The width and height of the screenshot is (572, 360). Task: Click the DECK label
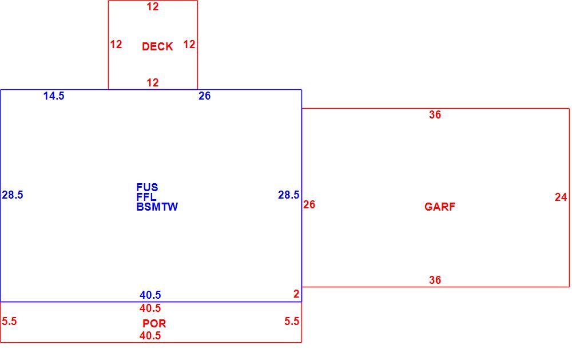(x=157, y=46)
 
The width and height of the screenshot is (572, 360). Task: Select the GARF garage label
(x=439, y=207)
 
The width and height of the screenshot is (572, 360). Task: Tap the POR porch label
(x=154, y=323)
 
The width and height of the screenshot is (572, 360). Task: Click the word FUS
(x=147, y=187)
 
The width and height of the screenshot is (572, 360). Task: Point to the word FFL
(x=146, y=197)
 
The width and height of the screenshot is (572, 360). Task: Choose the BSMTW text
(x=157, y=207)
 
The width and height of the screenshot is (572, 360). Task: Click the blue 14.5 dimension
(x=54, y=96)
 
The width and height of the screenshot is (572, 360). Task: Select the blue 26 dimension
(x=204, y=96)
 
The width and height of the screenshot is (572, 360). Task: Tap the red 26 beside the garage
(x=309, y=204)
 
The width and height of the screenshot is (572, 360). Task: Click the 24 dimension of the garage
(x=561, y=197)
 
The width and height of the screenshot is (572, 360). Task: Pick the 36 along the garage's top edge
(x=435, y=114)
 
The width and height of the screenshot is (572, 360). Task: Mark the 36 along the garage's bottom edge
(x=435, y=280)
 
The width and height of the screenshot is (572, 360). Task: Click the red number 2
(x=296, y=294)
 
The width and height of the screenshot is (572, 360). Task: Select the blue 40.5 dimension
(x=150, y=295)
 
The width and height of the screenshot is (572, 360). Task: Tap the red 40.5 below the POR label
(x=150, y=335)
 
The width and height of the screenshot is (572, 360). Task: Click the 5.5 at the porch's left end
(x=9, y=321)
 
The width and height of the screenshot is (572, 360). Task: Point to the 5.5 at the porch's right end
(x=292, y=321)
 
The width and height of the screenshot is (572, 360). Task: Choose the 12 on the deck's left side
(x=116, y=44)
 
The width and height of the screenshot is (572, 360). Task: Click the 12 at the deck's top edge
(x=153, y=6)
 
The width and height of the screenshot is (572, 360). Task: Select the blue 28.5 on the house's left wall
(x=13, y=195)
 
